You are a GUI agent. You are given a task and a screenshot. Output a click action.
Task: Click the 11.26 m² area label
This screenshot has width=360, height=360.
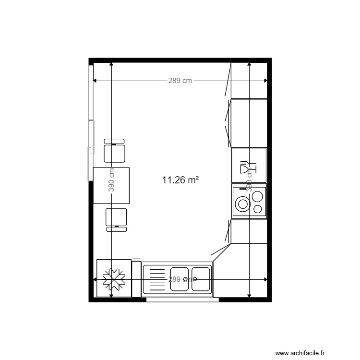click(180, 180)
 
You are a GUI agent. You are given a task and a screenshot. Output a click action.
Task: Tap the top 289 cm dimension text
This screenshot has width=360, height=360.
click(180, 81)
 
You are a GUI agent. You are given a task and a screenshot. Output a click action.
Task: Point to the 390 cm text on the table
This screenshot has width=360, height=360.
click(111, 180)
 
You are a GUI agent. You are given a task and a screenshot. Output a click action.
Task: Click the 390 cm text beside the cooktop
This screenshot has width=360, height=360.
click(249, 180)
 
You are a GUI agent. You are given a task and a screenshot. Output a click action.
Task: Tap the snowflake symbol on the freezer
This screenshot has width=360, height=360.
click(114, 279)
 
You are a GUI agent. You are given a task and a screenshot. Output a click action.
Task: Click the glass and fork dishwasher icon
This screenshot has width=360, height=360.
click(248, 166)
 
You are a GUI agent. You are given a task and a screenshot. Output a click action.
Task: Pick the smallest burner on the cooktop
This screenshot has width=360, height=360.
click(258, 209)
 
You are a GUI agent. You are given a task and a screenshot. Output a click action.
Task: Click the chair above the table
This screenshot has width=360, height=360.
click(115, 151)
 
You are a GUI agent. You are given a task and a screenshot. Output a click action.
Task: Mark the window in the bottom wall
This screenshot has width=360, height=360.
click(182, 300)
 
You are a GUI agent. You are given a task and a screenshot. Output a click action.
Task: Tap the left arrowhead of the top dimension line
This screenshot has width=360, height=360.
click(95, 81)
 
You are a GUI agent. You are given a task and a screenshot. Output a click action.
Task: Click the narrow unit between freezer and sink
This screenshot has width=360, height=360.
click(136, 278)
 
